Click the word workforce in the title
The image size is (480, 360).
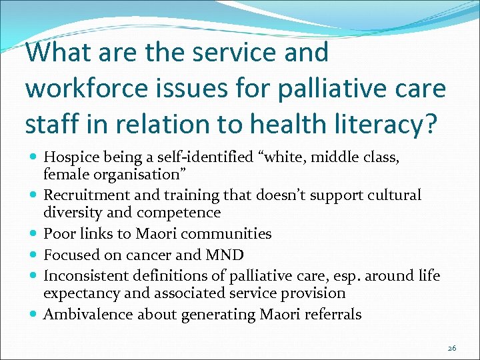tap(93, 88)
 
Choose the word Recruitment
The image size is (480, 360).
tap(85, 195)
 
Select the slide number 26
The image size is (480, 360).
tap(451, 348)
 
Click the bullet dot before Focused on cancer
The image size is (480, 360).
tap(33, 255)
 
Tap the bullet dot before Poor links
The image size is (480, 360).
tap(33, 234)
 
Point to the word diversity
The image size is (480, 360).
tap(70, 213)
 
